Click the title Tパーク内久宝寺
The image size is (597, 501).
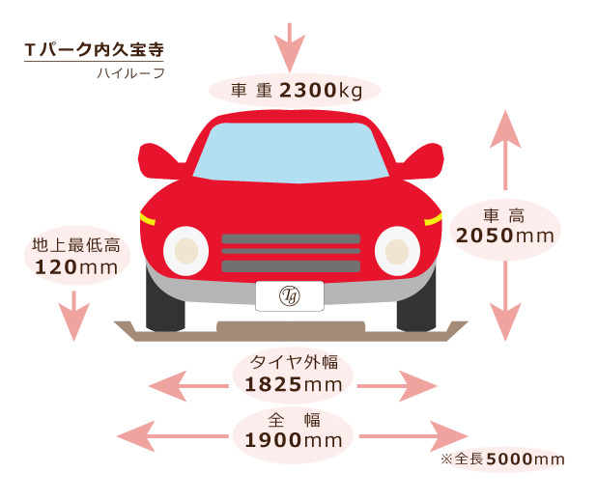click(94, 49)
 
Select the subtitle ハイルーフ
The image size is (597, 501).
click(130, 73)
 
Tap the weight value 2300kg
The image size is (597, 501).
click(321, 91)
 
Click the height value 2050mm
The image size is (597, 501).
click(505, 236)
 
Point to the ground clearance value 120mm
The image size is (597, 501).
click(76, 267)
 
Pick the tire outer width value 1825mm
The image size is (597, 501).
click(293, 384)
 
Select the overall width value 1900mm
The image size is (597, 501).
click(293, 440)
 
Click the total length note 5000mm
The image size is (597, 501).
click(526, 459)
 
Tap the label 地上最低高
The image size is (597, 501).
click(76, 245)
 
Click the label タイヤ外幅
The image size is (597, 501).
click(294, 362)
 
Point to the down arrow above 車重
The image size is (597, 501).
click(290, 47)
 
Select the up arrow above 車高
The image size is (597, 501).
click(505, 150)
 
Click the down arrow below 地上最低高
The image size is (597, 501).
click(73, 316)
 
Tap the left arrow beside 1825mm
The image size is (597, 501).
click(188, 386)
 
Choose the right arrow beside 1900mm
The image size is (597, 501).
click(413, 436)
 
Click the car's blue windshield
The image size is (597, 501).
click(291, 153)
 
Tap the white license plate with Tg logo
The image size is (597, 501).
click(290, 296)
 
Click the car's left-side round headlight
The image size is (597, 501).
click(185, 251)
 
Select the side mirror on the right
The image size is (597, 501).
click(422, 161)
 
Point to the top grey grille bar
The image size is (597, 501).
click(291, 238)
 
